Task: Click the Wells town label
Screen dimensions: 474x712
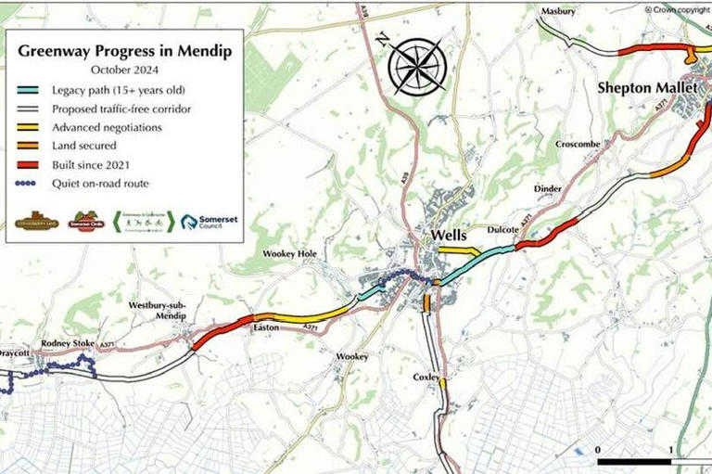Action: [448, 236]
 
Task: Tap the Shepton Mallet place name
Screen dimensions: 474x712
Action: [640, 89]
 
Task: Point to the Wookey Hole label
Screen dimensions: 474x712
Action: [290, 253]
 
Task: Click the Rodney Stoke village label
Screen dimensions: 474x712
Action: [69, 343]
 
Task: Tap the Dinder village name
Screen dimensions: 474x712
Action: [548, 189]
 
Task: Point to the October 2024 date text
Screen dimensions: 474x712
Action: [124, 69]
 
